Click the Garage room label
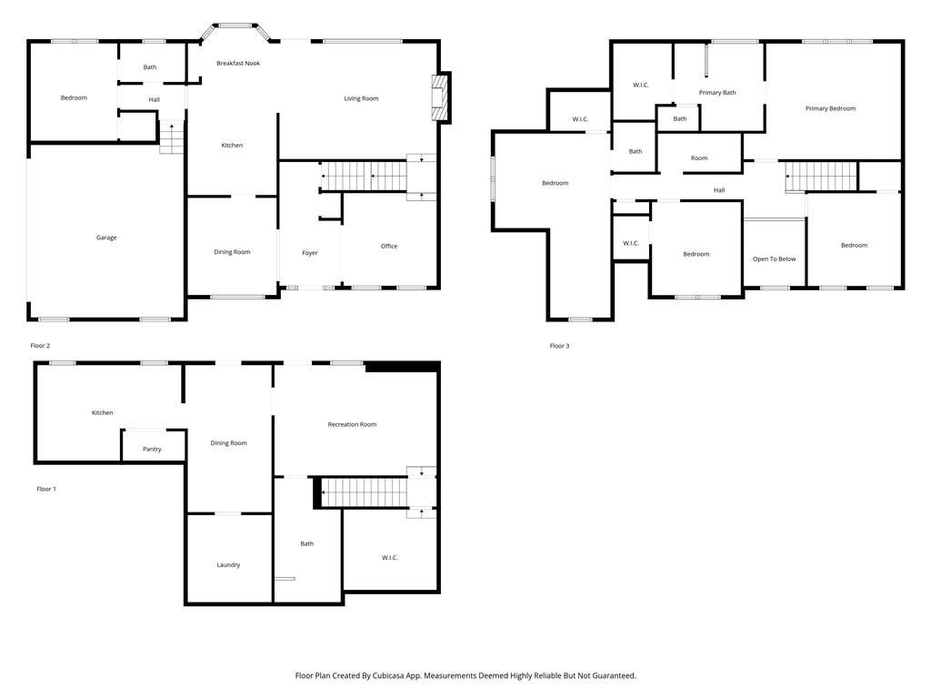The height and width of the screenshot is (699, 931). [106, 238]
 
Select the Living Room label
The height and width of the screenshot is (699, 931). [361, 98]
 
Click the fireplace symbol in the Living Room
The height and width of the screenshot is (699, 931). [440, 97]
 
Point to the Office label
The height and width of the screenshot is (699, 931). [389, 246]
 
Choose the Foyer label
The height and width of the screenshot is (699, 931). [310, 252]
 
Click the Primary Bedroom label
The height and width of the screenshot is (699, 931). [830, 108]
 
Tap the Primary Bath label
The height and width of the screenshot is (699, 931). [717, 92]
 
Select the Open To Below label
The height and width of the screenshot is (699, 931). [774, 258]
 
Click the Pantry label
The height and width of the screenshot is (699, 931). [152, 449]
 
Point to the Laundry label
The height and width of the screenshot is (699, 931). [228, 564]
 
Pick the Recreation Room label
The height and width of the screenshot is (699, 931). [352, 424]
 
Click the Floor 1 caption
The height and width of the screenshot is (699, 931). [46, 489]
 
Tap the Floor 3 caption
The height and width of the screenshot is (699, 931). [559, 346]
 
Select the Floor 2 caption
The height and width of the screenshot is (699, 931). [40, 346]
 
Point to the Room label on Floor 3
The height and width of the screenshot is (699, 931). [698, 158]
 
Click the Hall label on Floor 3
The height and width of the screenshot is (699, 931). [719, 190]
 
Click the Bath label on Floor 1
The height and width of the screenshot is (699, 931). [307, 543]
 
